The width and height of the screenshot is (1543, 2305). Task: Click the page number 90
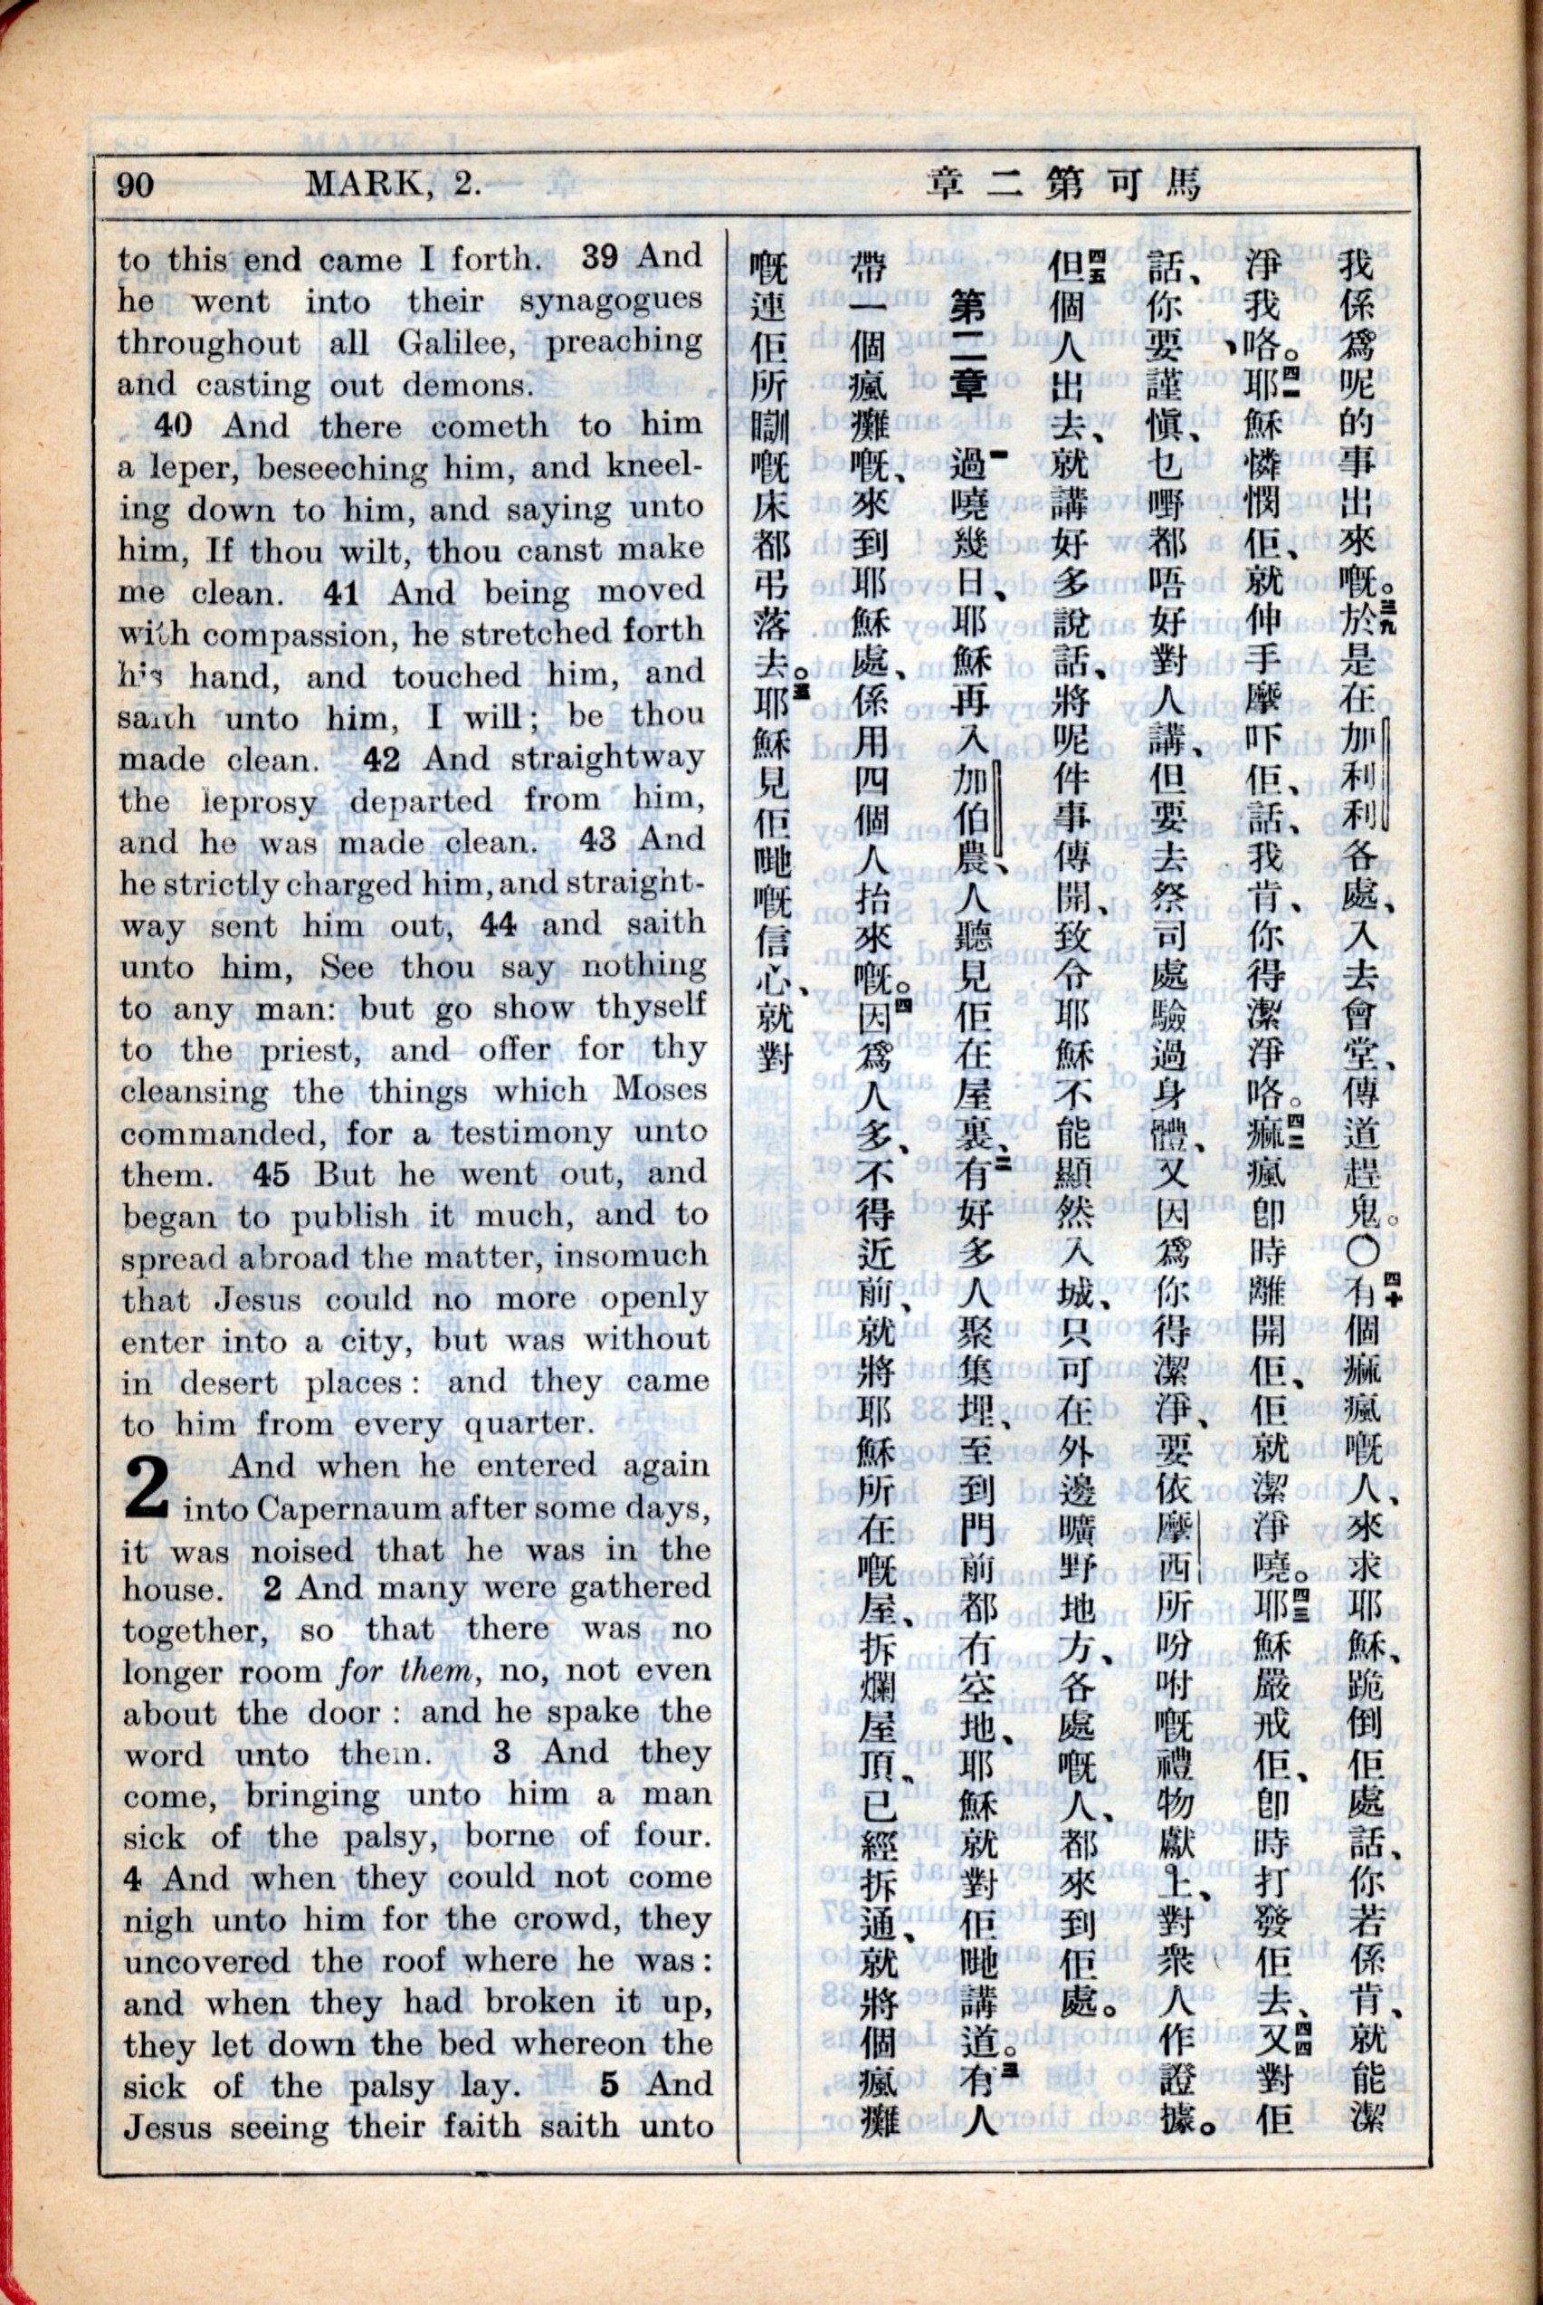click(x=136, y=185)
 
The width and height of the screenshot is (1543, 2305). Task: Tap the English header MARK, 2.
click(x=393, y=184)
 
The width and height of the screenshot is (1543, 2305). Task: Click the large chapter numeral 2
click(x=150, y=1490)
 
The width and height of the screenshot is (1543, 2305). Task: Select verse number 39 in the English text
click(x=600, y=257)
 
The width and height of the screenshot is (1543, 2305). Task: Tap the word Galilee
click(x=447, y=342)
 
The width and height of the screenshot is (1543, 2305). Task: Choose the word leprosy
click(x=259, y=801)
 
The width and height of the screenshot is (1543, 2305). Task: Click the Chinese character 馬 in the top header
click(x=1182, y=184)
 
